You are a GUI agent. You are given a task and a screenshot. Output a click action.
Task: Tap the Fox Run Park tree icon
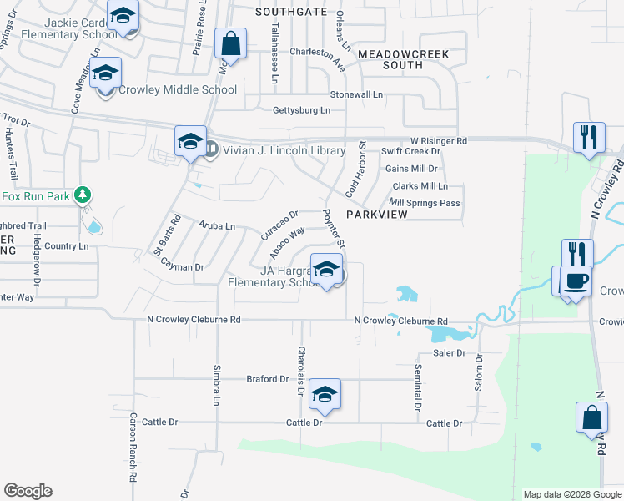[82, 196]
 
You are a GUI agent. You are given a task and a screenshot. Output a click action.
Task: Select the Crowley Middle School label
[178, 90]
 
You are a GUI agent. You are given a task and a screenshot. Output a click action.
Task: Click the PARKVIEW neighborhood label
[376, 215]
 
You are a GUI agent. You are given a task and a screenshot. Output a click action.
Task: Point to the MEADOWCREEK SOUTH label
[403, 59]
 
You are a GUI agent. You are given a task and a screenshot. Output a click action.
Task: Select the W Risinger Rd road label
[438, 141]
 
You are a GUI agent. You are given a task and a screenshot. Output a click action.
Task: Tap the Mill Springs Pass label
[425, 203]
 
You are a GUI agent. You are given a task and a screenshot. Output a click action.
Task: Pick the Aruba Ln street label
[217, 226]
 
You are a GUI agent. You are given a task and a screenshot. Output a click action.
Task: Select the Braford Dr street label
[267, 379]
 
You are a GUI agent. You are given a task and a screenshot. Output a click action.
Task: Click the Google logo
[28, 491]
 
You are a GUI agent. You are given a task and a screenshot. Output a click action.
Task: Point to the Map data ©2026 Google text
[571, 494]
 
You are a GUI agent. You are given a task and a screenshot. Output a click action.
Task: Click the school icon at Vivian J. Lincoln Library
[190, 141]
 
